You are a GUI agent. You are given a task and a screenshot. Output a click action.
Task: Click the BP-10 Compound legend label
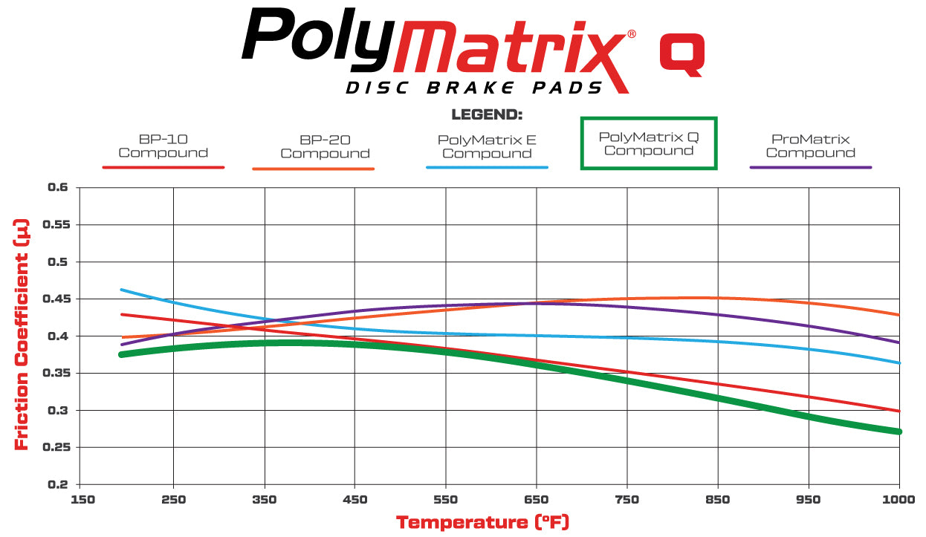click(x=163, y=146)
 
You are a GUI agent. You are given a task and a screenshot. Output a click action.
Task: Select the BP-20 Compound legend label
click(x=325, y=146)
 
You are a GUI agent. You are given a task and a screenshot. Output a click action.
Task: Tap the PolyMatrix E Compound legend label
click(x=487, y=146)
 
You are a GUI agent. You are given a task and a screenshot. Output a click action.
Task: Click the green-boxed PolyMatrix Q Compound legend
click(x=648, y=143)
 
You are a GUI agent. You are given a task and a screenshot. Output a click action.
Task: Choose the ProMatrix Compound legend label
click(x=810, y=146)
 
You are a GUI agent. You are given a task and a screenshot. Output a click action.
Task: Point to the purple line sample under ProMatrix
click(x=810, y=168)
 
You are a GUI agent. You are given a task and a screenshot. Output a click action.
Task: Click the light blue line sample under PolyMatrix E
click(x=487, y=168)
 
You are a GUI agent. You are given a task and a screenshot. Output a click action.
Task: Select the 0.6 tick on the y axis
click(x=56, y=188)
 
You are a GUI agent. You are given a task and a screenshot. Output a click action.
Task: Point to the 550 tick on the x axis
click(x=445, y=499)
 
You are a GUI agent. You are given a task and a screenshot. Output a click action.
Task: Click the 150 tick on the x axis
click(x=83, y=499)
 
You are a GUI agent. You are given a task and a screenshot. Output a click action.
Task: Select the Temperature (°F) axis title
click(x=482, y=522)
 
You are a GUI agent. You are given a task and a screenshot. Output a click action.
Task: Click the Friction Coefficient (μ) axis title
click(x=22, y=334)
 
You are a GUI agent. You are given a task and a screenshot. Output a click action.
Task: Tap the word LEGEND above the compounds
click(x=487, y=115)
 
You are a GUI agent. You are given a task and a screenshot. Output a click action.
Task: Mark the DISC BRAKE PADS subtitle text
click(x=474, y=88)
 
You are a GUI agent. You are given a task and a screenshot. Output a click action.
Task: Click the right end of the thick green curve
click(x=899, y=431)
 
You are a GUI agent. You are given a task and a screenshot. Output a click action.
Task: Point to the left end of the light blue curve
click(x=122, y=290)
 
